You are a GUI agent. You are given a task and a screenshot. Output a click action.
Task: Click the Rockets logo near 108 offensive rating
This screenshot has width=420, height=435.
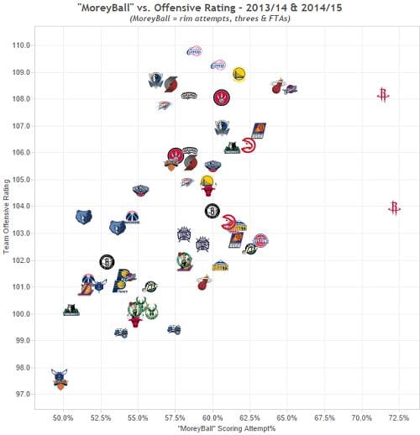click(383, 96)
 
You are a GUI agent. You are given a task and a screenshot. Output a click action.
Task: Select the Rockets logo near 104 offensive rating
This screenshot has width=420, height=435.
click(395, 207)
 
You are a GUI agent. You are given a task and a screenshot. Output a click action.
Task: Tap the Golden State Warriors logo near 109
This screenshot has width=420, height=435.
click(239, 74)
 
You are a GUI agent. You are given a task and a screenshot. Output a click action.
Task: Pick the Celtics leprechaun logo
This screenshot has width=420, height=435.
click(184, 262)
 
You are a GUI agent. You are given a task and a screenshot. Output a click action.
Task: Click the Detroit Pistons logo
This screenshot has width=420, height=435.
click(260, 241)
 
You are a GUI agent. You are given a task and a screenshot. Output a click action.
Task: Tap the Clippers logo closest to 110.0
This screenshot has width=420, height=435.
click(193, 52)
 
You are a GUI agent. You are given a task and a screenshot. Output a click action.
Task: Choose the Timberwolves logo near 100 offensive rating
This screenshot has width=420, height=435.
click(71, 310)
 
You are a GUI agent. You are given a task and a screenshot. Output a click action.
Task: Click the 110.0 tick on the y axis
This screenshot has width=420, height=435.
click(20, 45)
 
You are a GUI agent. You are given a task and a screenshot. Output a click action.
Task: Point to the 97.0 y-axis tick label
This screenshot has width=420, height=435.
click(20, 394)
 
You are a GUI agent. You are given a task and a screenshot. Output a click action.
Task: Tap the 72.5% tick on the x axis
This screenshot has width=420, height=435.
click(398, 417)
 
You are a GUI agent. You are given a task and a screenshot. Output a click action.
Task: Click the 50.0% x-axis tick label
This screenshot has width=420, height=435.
click(63, 417)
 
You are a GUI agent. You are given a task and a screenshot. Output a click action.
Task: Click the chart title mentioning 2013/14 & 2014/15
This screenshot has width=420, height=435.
click(210, 8)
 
